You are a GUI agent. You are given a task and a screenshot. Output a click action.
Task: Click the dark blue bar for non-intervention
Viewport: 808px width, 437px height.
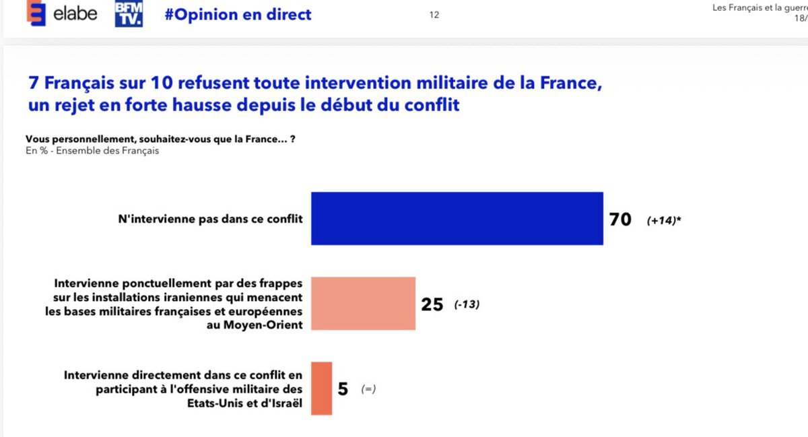click(x=457, y=218)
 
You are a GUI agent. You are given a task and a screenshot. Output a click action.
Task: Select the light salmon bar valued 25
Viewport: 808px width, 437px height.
click(x=363, y=303)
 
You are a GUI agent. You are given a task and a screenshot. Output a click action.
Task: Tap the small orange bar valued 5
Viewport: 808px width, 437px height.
click(x=321, y=389)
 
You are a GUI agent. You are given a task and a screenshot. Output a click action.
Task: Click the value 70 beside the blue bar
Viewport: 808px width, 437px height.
click(x=620, y=220)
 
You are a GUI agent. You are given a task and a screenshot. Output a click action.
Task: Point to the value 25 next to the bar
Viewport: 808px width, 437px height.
click(x=432, y=305)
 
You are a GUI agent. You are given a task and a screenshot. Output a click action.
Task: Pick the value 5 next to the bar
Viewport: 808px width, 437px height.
click(x=343, y=389)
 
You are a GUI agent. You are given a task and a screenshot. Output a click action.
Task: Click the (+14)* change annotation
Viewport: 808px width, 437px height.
click(x=664, y=220)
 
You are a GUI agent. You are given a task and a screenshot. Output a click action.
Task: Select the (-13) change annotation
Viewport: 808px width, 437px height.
click(x=466, y=305)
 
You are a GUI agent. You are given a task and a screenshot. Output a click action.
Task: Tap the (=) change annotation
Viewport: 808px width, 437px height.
click(x=368, y=389)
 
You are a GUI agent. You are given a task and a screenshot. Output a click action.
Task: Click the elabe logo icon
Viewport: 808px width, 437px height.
click(x=36, y=14)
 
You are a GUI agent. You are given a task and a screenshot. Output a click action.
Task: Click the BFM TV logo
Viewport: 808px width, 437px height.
click(x=129, y=14)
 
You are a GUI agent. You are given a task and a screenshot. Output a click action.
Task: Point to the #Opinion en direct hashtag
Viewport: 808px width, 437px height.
click(x=238, y=15)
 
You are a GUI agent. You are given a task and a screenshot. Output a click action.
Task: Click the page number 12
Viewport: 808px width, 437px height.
click(x=434, y=15)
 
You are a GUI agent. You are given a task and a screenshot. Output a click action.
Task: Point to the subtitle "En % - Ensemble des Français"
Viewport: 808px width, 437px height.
click(x=92, y=150)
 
